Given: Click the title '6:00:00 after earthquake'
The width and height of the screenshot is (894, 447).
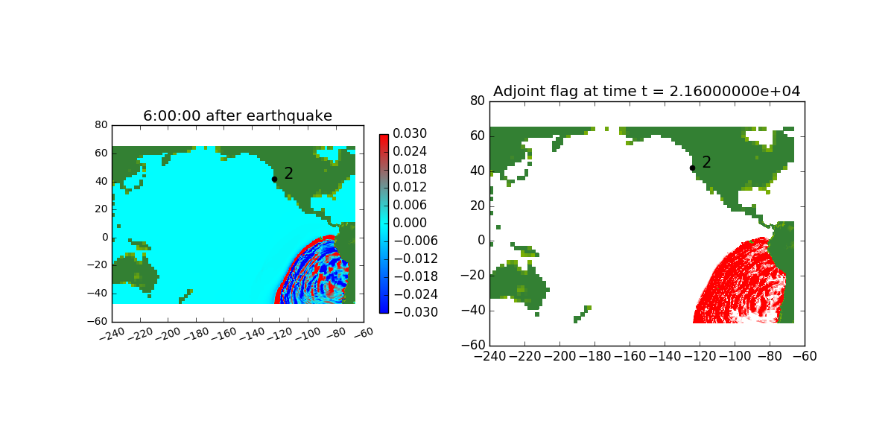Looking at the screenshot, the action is [238, 115].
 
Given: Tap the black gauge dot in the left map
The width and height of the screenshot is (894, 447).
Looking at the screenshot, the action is [275, 180].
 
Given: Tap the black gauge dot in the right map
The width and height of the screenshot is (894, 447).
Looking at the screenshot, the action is [692, 168].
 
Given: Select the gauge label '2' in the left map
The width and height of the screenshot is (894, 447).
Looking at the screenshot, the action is [288, 173].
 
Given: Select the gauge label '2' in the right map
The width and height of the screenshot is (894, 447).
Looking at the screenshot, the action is [706, 162].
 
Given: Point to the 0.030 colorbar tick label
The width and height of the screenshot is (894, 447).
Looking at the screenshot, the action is [410, 133].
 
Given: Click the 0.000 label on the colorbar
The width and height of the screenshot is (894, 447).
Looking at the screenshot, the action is [410, 223].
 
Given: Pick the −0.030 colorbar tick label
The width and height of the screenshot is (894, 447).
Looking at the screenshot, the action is [416, 312].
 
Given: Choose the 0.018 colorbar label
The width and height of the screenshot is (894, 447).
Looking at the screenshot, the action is [410, 169].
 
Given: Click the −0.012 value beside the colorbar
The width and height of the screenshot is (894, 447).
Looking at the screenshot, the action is [416, 259].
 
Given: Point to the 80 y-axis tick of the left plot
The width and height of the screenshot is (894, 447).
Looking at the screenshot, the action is [101, 125].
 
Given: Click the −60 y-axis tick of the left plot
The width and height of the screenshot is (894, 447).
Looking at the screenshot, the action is [98, 321].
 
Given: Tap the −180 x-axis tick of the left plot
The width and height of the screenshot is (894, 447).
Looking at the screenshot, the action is [196, 334].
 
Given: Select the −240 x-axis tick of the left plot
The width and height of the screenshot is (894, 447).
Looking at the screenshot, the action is [112, 334].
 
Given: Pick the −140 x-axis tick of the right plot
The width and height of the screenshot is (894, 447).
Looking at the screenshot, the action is [665, 356].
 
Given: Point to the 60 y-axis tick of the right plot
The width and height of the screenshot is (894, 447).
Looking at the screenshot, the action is [478, 136].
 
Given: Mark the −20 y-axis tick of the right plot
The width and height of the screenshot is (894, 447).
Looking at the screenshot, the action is [473, 276].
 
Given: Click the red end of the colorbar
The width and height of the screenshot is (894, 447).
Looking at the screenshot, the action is [384, 137].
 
